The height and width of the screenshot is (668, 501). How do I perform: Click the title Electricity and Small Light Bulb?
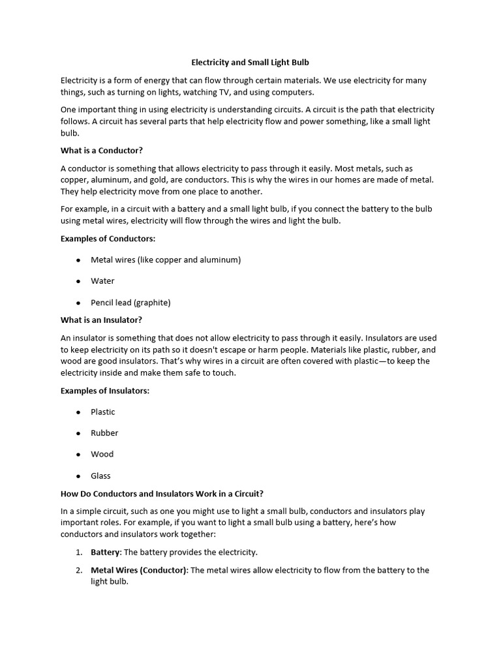(250, 63)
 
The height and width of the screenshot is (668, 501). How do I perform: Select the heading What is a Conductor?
(101, 150)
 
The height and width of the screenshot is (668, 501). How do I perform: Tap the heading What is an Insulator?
(101, 320)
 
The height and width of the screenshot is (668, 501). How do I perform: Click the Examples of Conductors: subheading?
(108, 238)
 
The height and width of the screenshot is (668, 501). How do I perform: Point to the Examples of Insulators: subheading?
(105, 390)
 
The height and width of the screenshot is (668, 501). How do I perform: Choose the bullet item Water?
(102, 281)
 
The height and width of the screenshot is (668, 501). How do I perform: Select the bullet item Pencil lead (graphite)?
(130, 303)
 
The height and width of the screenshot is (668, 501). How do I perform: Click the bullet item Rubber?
(104, 433)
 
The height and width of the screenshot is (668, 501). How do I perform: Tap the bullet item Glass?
(100, 476)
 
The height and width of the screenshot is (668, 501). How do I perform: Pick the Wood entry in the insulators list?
(102, 454)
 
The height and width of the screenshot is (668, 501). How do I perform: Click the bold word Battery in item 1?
(105, 552)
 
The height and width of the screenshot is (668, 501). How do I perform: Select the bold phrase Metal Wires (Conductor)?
(139, 570)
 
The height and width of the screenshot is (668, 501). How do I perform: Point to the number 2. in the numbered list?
(78, 570)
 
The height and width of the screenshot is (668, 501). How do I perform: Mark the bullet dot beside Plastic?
(78, 412)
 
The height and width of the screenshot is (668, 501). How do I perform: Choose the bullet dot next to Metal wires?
(78, 260)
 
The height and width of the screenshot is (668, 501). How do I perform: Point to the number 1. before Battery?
(78, 552)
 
